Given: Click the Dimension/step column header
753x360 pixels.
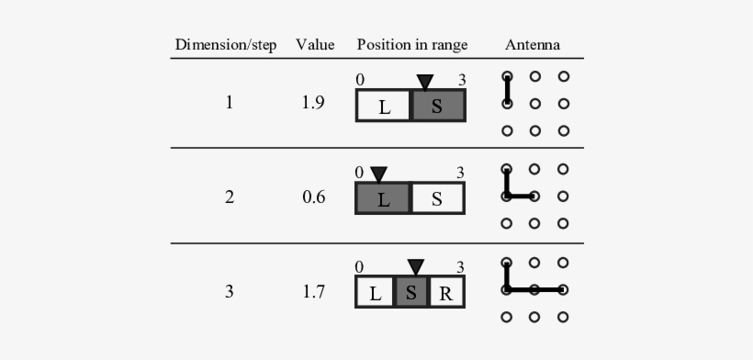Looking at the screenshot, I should click(x=226, y=45).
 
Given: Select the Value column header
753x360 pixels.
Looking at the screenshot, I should click(x=314, y=45).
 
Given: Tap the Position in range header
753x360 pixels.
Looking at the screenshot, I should click(x=412, y=45).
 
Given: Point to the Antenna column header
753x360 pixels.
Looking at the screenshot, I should click(x=533, y=45).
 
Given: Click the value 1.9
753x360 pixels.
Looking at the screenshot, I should click(x=313, y=103).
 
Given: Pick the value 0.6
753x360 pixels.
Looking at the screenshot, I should click(x=313, y=197).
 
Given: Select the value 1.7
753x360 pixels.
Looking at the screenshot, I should click(x=313, y=293).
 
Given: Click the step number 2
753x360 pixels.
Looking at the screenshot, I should click(x=229, y=197).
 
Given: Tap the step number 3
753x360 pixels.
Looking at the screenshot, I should click(x=229, y=293).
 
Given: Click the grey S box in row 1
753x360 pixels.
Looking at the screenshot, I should click(x=438, y=106).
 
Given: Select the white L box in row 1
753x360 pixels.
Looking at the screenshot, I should click(x=384, y=106).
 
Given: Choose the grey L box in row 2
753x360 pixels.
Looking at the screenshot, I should click(x=383, y=198).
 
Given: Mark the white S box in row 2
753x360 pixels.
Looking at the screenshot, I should click(x=437, y=198).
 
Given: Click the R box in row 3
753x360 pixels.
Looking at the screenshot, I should click(x=446, y=294).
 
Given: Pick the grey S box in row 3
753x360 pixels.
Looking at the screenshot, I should click(x=411, y=294).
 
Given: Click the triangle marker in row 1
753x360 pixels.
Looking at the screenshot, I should click(x=424, y=83).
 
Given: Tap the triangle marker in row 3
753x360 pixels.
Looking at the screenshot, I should click(x=416, y=267).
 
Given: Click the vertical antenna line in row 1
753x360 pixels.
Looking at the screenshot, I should click(x=507, y=90).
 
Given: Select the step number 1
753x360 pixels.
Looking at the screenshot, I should click(x=229, y=103).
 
